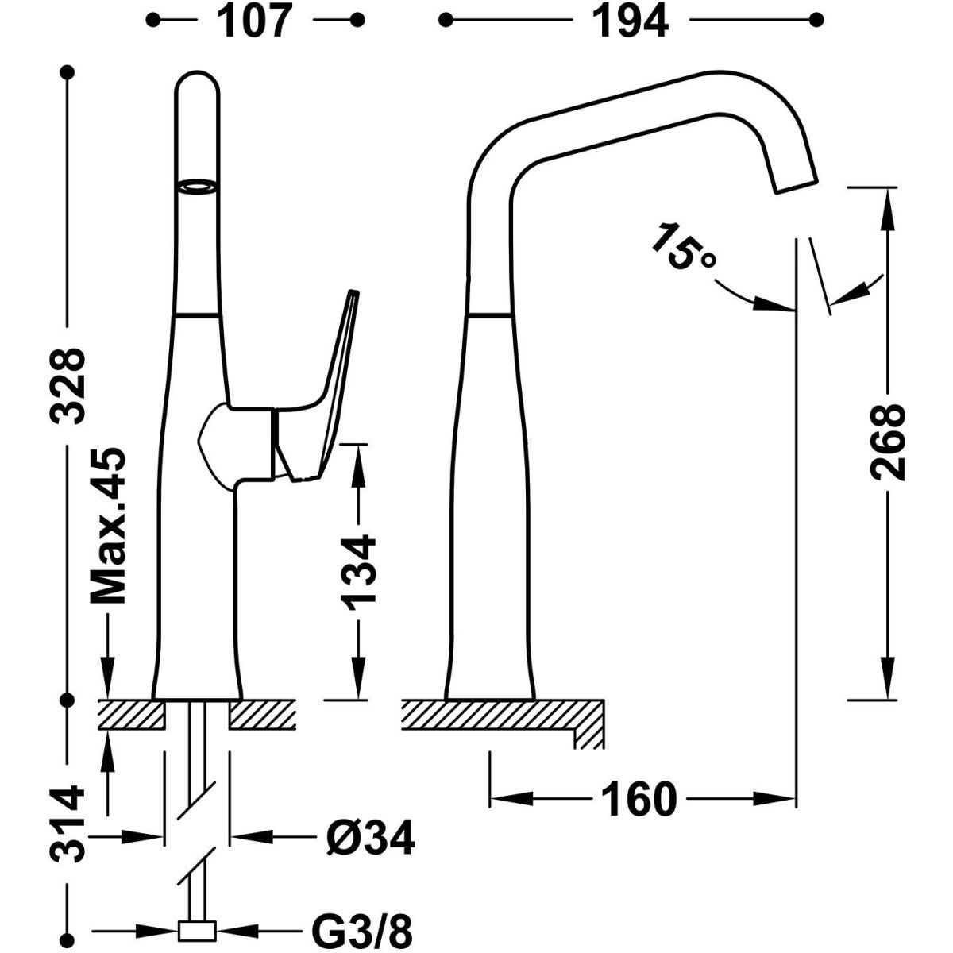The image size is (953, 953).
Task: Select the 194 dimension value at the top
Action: (x=632, y=21)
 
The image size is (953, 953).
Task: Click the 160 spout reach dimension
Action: (x=640, y=799)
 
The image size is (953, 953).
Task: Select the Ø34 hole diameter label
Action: (x=370, y=837)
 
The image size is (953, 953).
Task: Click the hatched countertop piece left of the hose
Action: (x=130, y=714)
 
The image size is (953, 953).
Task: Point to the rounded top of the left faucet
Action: (x=195, y=83)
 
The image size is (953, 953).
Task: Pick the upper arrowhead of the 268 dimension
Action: (x=886, y=199)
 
